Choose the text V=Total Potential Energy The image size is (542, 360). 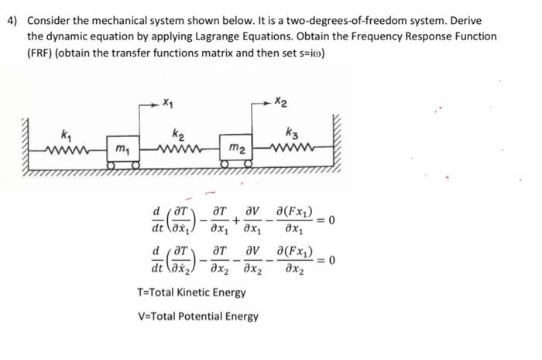pyautogui.click(x=197, y=316)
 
